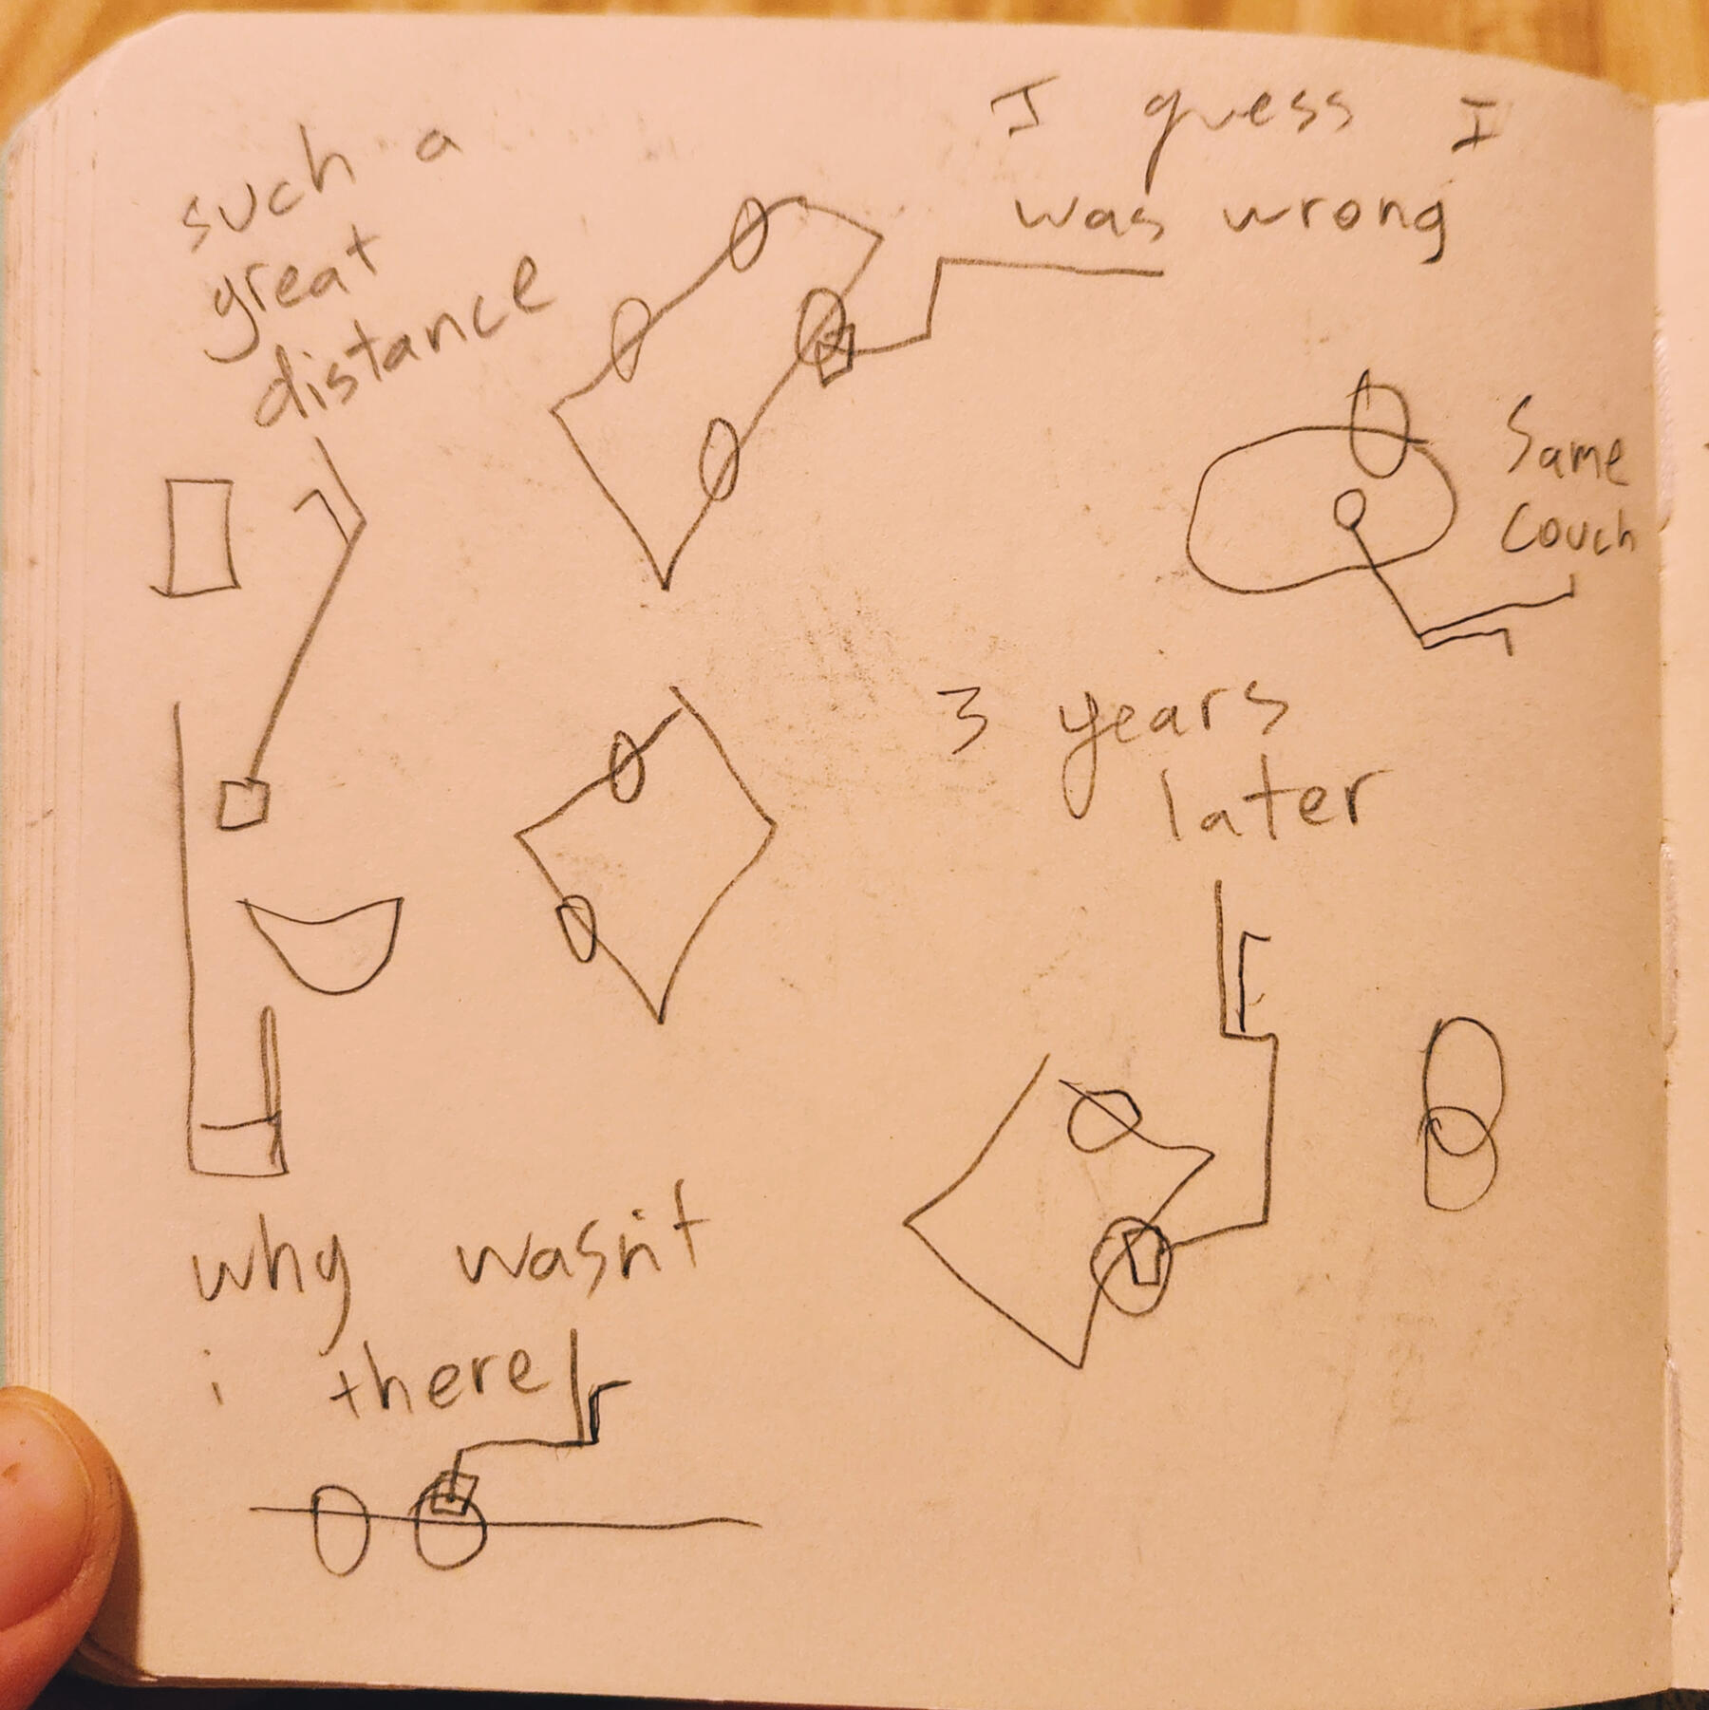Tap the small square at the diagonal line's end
click(242, 805)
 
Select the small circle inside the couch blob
click(1348, 510)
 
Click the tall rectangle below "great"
click(199, 537)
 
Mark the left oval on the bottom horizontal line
click(339, 1529)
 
